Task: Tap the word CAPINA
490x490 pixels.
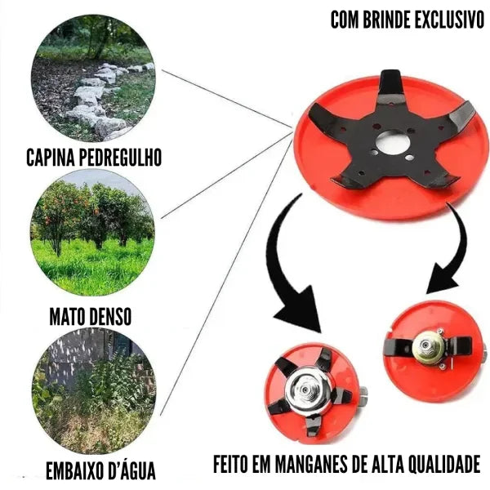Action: pyautogui.click(x=51, y=156)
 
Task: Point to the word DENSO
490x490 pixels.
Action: pyautogui.click(x=110, y=314)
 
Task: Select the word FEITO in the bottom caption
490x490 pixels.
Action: pyautogui.click(x=232, y=465)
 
